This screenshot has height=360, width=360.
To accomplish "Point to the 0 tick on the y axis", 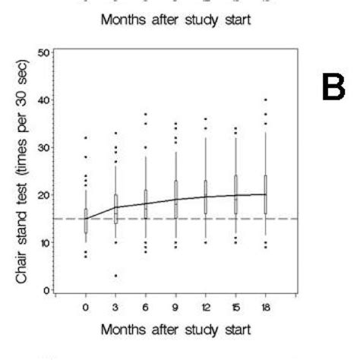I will click(x=47, y=290).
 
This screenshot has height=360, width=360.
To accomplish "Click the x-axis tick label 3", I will click(x=115, y=308).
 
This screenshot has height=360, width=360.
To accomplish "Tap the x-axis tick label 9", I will click(x=175, y=308).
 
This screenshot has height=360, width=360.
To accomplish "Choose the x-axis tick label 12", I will click(x=205, y=308).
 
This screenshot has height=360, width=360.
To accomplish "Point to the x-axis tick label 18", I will click(x=265, y=308).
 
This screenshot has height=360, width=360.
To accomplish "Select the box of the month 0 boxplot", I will click(x=86, y=216).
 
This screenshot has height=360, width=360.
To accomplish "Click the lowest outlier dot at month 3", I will click(x=115, y=275).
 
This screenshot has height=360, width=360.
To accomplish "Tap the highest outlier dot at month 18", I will click(x=265, y=99).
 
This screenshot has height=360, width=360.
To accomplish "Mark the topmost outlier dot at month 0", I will click(x=86, y=137).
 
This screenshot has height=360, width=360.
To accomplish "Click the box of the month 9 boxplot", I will click(x=175, y=199).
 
